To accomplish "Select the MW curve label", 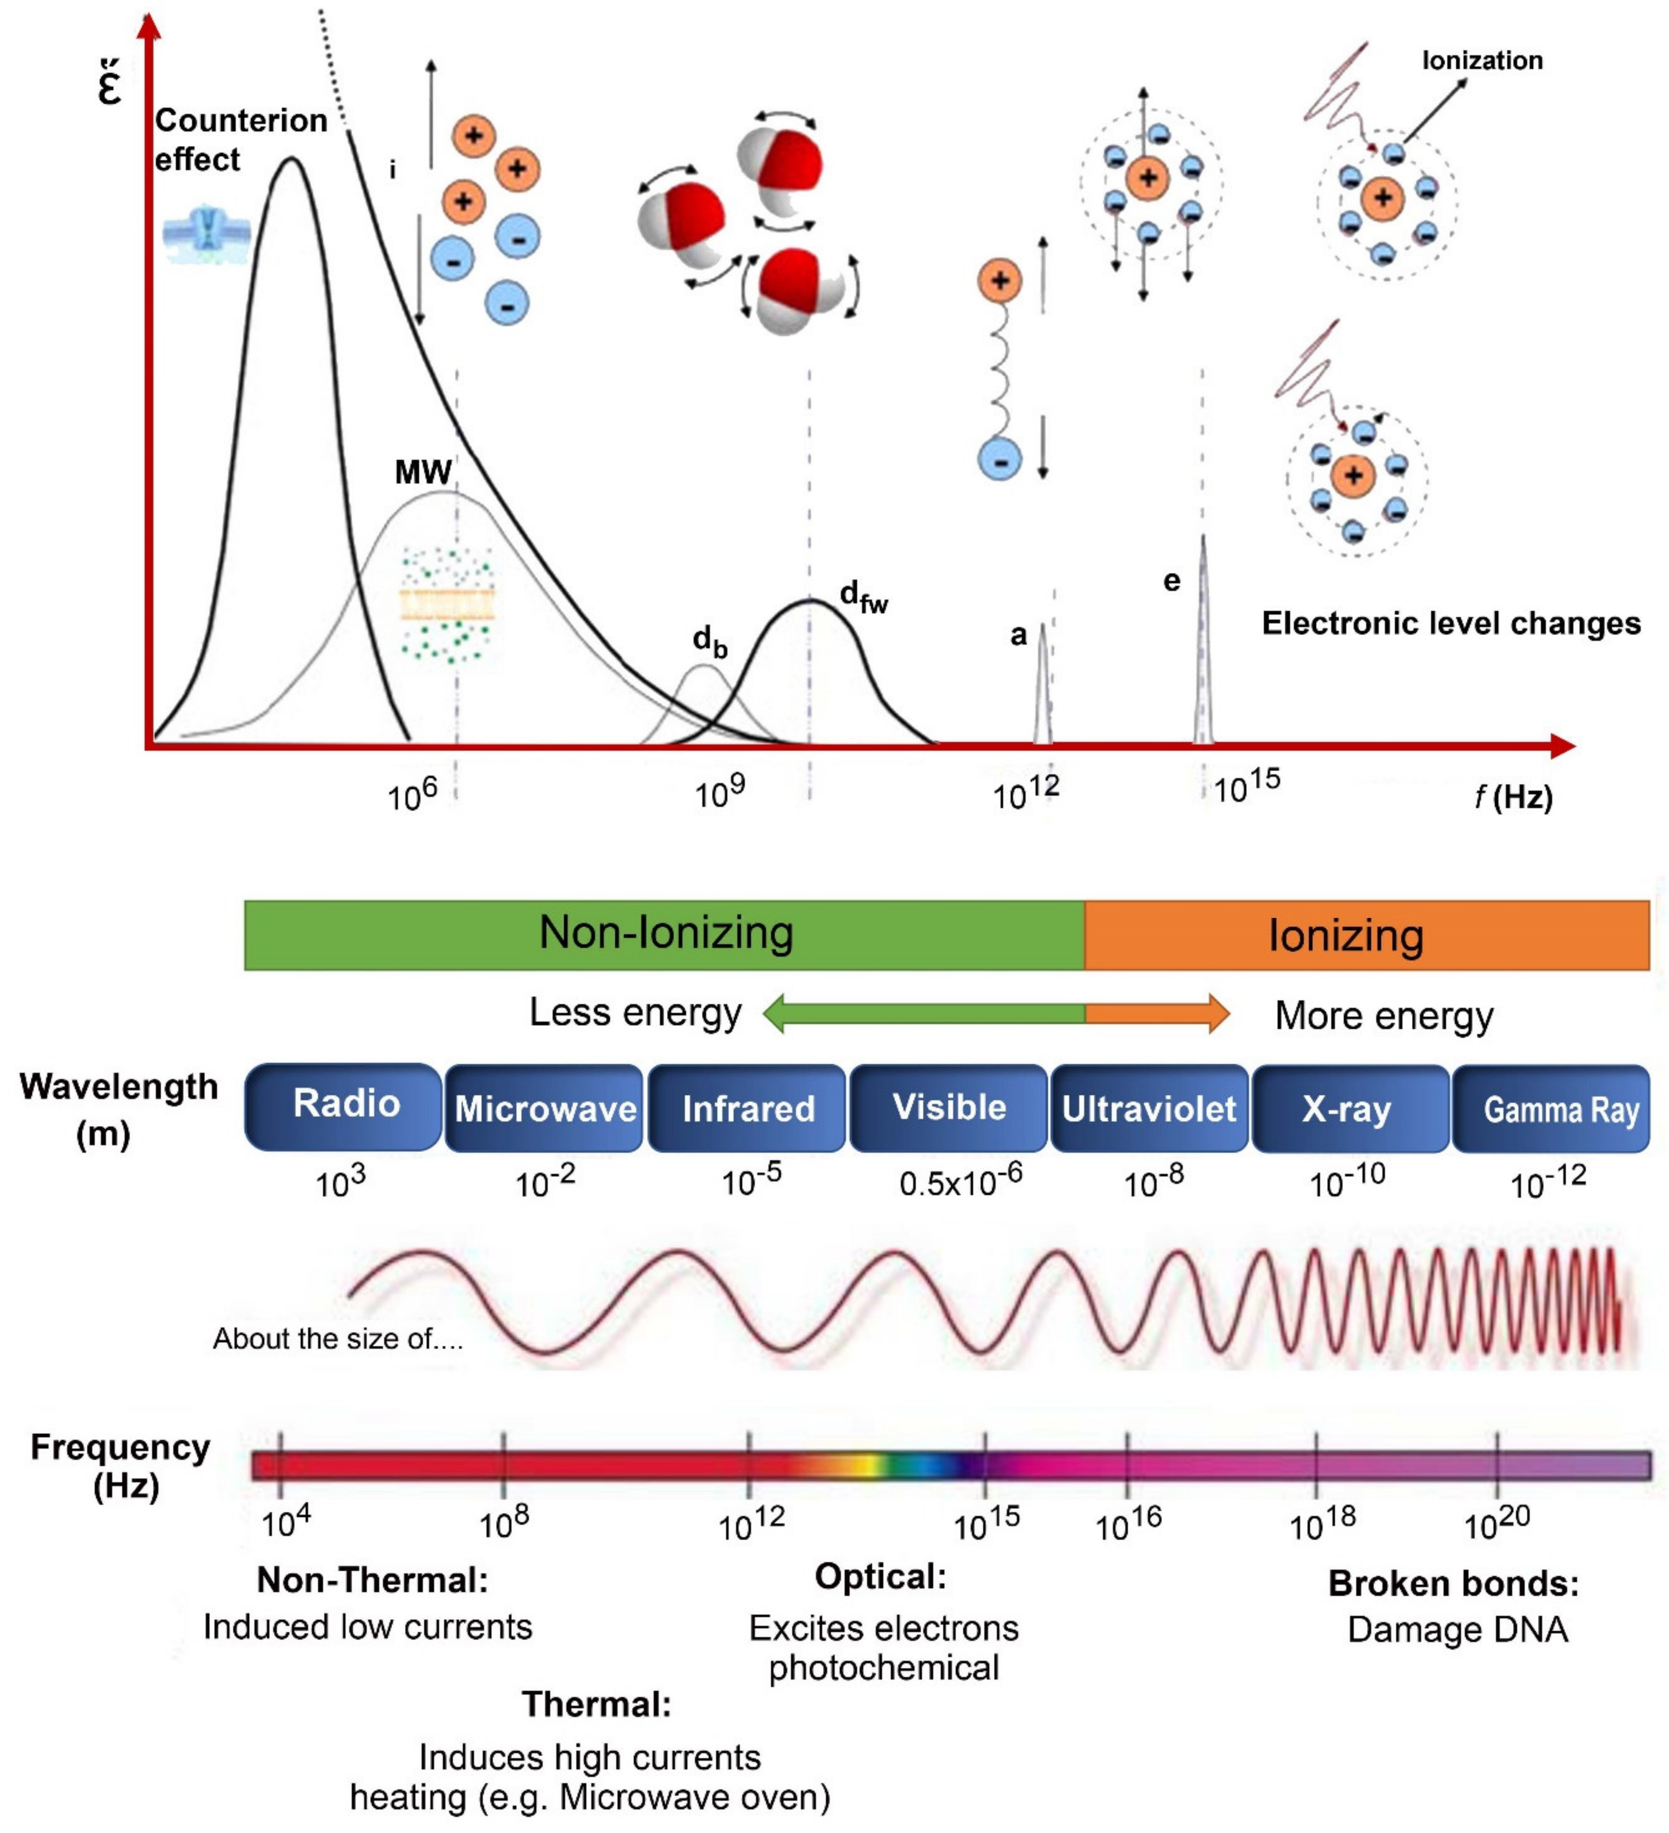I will tap(423, 472).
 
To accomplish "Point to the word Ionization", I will tap(1481, 61).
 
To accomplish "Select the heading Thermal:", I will tap(596, 1704).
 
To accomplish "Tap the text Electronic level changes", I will tap(1451, 624).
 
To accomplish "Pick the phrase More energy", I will tap(1384, 1015).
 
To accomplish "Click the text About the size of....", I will tap(337, 1338).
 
